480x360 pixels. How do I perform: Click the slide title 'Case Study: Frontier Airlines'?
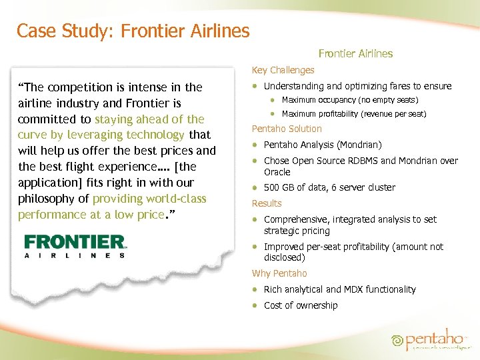click(x=133, y=31)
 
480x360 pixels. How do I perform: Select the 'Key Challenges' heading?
click(x=283, y=70)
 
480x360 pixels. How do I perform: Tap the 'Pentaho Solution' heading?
click(x=286, y=129)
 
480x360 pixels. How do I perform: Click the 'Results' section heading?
click(x=267, y=203)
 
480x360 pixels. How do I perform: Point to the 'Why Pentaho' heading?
click(x=279, y=273)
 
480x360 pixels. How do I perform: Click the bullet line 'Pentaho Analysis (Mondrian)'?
click(x=323, y=145)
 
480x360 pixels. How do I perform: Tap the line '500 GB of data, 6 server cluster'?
click(x=329, y=187)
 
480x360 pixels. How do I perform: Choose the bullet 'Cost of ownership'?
click(x=301, y=305)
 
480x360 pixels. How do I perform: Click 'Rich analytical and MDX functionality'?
click(x=339, y=289)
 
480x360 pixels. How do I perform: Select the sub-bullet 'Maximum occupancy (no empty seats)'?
click(x=350, y=100)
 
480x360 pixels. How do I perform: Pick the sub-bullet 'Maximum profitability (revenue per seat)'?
click(x=354, y=114)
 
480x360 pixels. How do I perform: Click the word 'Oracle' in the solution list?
click(x=277, y=172)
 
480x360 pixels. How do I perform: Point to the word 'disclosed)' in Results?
click(x=285, y=257)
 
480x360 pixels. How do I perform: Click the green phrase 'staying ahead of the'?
click(x=149, y=119)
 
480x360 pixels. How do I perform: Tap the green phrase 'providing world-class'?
click(x=149, y=199)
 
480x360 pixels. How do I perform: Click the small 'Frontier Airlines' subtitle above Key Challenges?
click(x=355, y=53)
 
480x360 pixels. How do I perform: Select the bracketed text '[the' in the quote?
click(x=184, y=167)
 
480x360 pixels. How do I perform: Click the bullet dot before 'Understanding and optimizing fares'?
click(x=255, y=86)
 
